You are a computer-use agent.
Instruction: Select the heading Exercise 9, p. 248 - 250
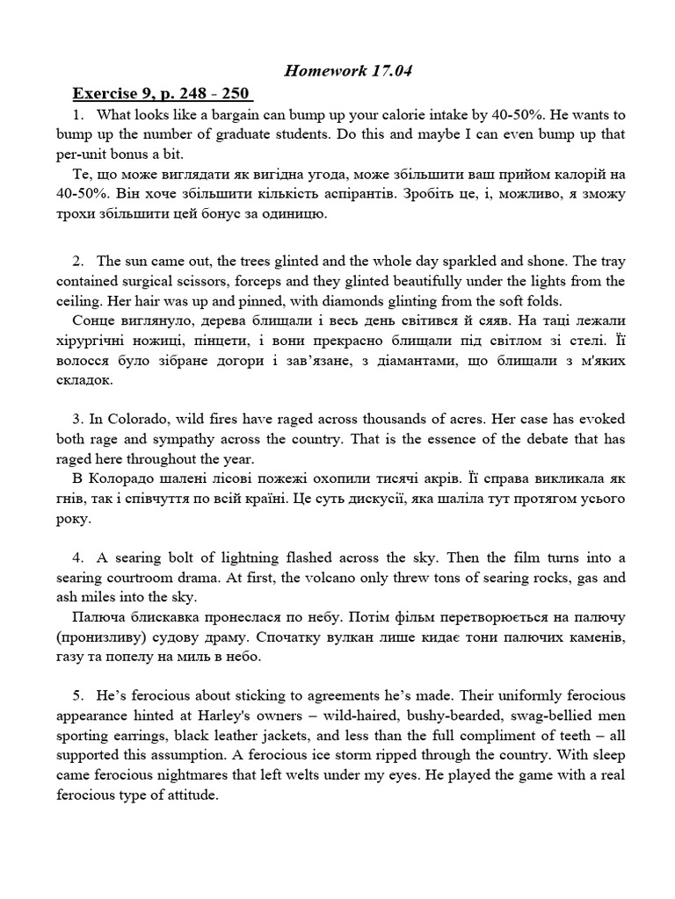pos(162,93)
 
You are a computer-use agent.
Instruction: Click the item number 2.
pos(78,261)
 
